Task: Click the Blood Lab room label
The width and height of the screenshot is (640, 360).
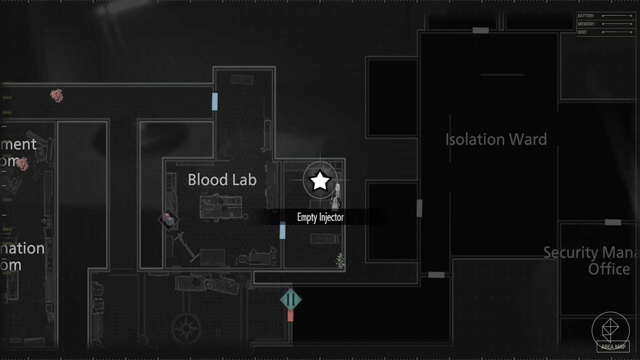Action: point(222,180)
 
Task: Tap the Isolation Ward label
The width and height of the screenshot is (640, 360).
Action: point(496,139)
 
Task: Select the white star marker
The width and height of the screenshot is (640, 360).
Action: point(320,181)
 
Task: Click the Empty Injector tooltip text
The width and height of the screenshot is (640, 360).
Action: point(320,217)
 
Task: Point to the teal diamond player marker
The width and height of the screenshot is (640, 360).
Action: point(291,299)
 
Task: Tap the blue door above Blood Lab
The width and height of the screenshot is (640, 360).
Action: point(214,102)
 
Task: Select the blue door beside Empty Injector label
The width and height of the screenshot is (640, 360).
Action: point(282,231)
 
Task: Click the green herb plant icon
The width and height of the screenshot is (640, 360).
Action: point(340,261)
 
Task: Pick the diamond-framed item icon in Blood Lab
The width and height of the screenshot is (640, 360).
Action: point(168,220)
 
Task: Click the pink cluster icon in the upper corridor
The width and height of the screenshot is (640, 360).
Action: point(57,95)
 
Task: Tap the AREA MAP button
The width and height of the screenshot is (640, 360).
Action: point(612,346)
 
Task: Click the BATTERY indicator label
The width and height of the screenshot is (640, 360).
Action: point(586,16)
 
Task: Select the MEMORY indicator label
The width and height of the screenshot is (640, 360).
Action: point(586,24)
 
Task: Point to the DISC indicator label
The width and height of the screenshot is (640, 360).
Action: point(582,32)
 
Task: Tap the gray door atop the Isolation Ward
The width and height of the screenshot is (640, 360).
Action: point(480,30)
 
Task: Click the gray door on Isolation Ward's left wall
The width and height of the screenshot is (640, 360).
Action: point(419,208)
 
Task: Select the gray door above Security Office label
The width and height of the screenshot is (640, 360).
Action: point(613,222)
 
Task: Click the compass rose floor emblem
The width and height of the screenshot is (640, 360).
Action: point(187,329)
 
